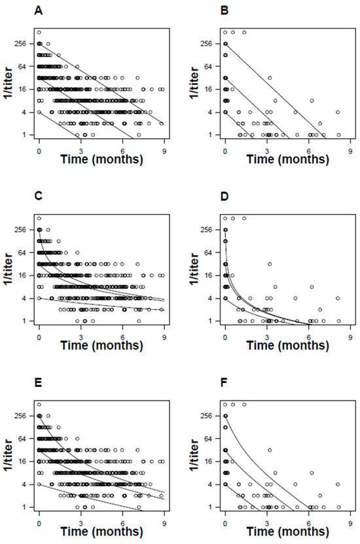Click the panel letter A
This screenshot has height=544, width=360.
(x=9, y=11)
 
